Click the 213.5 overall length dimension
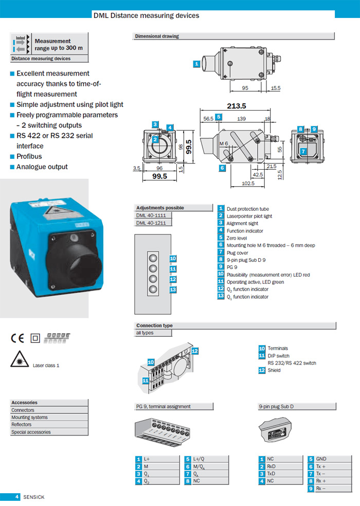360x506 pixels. pyautogui.click(x=237, y=106)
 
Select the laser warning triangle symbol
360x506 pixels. pyautogui.click(x=19, y=362)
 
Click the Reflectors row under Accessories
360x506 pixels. pyautogui.click(x=22, y=425)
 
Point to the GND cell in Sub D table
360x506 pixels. pyautogui.click(x=321, y=459)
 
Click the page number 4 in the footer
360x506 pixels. pyautogui.click(x=17, y=497)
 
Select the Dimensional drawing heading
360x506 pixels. pyautogui.click(x=157, y=37)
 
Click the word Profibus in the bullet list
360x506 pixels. pyautogui.click(x=29, y=156)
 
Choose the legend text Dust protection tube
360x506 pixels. pyautogui.click(x=247, y=209)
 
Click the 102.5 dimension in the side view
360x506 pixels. pyautogui.click(x=248, y=184)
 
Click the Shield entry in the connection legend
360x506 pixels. pyautogui.click(x=274, y=370)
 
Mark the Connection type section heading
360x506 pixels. pyautogui.click(x=154, y=326)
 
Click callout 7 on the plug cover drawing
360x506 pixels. pyautogui.click(x=303, y=151)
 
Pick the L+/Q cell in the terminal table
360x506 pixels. pyautogui.click(x=200, y=459)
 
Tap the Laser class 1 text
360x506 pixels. pyautogui.click(x=46, y=365)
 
